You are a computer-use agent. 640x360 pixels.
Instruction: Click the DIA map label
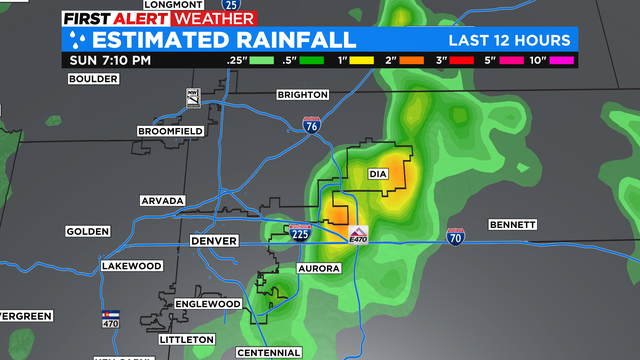pyautogui.click(x=377, y=173)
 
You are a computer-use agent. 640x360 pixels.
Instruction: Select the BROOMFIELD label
pyautogui.click(x=170, y=131)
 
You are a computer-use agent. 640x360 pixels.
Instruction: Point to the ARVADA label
pyautogui.click(x=163, y=201)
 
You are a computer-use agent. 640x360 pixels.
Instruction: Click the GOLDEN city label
pyautogui.click(x=87, y=231)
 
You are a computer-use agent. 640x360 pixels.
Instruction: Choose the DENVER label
pyautogui.click(x=213, y=241)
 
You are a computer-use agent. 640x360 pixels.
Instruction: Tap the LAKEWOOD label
pyautogui.click(x=131, y=266)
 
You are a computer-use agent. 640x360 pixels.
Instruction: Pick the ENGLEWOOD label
pyautogui.click(x=208, y=303)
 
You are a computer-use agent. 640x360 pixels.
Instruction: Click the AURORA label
pyautogui.click(x=319, y=269)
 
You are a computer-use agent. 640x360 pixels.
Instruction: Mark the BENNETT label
pyautogui.click(x=513, y=224)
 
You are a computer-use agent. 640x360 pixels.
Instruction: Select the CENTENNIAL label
pyautogui.click(x=268, y=352)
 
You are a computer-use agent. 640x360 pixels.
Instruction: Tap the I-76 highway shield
pyautogui.click(x=312, y=125)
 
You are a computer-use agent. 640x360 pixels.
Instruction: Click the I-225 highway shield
pyautogui.click(x=300, y=232)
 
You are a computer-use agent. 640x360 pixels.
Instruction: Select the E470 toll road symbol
pyautogui.click(x=360, y=235)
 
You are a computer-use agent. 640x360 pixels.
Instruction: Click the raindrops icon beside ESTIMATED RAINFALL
pyautogui.click(x=76, y=40)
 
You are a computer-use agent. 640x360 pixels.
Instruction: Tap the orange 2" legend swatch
pyautogui.click(x=411, y=60)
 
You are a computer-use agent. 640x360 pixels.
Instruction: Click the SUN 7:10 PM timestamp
pyautogui.click(x=110, y=60)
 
